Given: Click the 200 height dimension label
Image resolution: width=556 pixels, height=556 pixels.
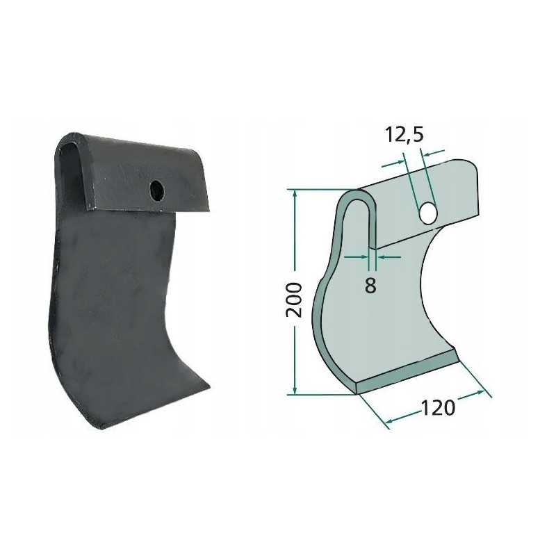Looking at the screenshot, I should tap(295, 300).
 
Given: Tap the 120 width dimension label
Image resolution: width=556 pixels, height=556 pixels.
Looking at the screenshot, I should tap(438, 407).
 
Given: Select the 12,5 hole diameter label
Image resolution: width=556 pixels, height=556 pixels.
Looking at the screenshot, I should tap(404, 135).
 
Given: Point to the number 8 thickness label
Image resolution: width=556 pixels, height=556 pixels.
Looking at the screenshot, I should tap(370, 285).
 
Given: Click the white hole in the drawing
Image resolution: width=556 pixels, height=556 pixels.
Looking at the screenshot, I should tap(428, 213).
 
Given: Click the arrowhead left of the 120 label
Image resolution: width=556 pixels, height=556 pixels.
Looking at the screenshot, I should tap(389, 420).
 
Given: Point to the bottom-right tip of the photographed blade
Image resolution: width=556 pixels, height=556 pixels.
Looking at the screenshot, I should tap(208, 380).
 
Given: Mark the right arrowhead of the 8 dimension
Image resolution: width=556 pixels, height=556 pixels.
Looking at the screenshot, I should tap(379, 256).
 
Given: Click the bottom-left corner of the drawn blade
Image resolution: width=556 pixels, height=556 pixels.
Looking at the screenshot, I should tap(357, 393).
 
